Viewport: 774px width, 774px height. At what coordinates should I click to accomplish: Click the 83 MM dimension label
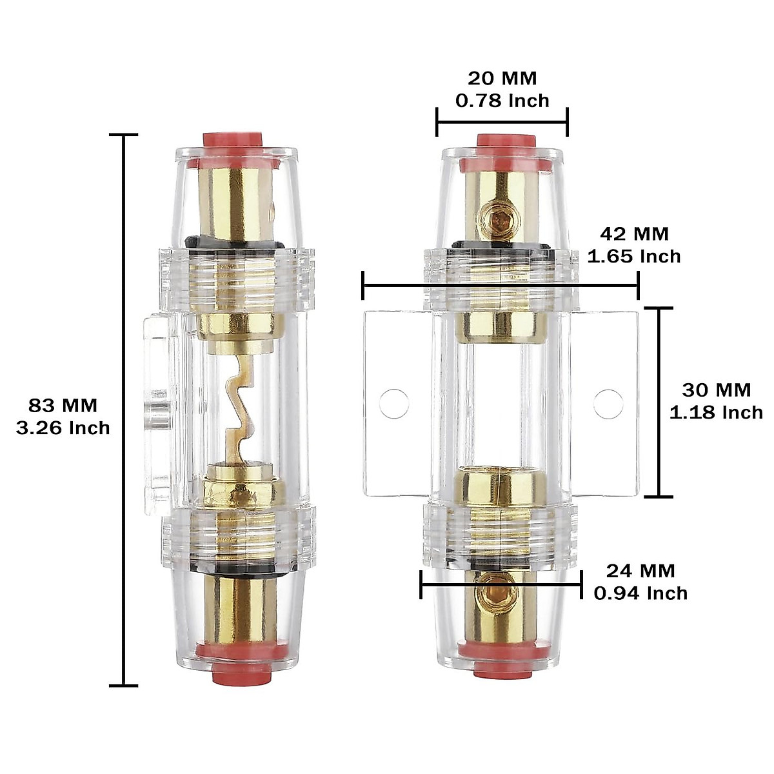(63, 406)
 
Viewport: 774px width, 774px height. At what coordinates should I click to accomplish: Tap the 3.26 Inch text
(63, 428)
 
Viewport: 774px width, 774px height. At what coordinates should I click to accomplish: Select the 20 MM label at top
(502, 78)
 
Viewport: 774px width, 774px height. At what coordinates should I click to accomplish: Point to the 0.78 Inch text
(502, 101)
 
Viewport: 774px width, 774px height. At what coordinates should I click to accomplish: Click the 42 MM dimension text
(634, 233)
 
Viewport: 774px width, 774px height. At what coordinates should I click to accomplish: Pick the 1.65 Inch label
(634, 256)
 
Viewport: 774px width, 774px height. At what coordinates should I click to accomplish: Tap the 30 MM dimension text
(716, 390)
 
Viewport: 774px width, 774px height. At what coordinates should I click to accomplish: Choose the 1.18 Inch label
(716, 412)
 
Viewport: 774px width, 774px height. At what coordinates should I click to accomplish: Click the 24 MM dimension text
(640, 570)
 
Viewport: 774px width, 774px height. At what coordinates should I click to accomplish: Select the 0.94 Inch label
(640, 593)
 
